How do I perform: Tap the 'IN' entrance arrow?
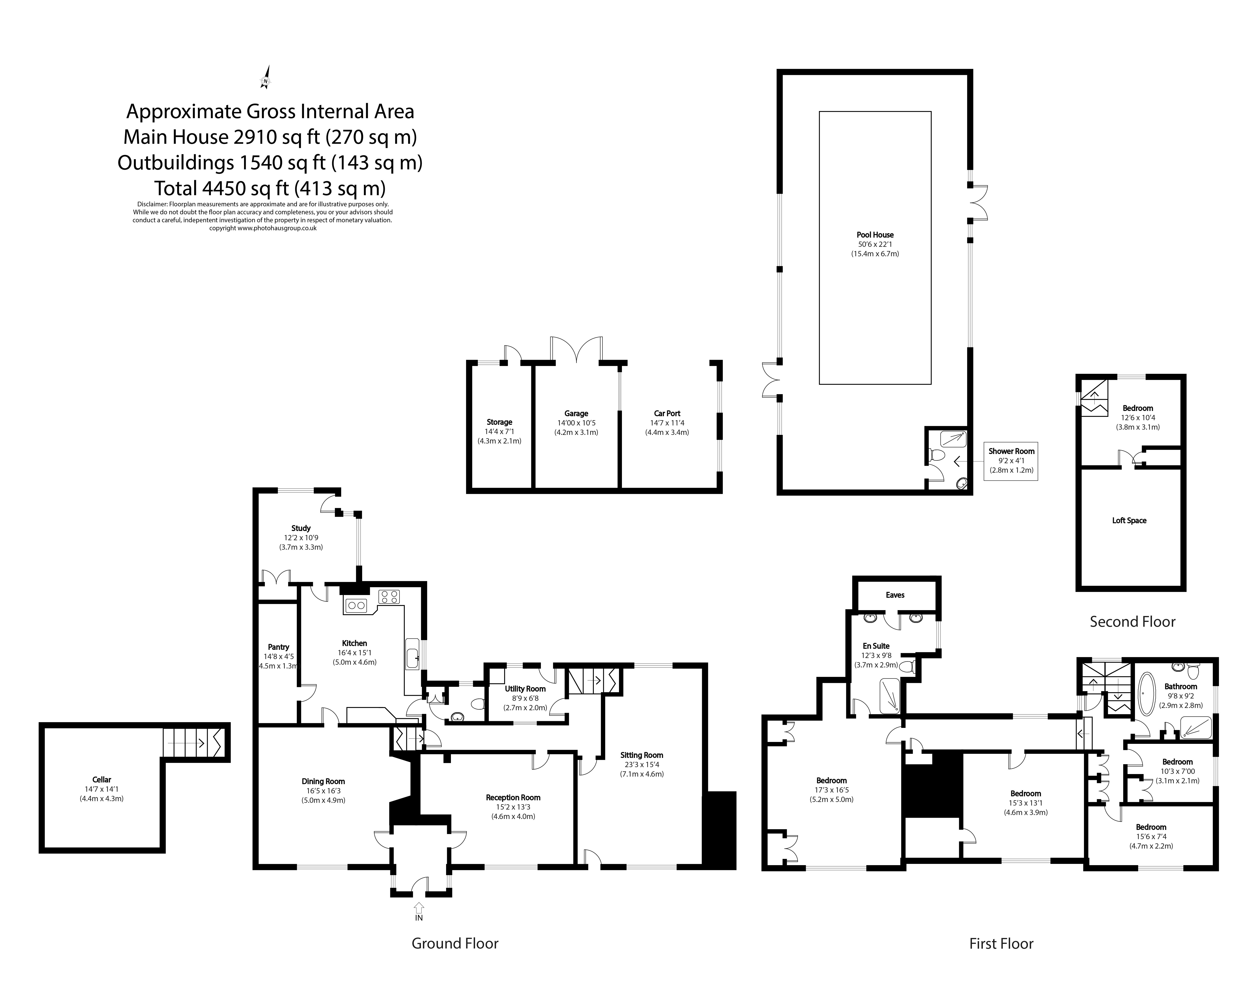click(419, 908)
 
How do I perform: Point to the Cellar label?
click(102, 779)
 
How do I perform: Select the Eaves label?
click(895, 595)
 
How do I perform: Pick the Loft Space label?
click(1129, 520)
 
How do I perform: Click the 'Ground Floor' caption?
click(455, 944)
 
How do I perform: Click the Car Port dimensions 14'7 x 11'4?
click(667, 423)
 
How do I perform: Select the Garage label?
click(576, 413)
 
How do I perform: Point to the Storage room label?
click(499, 422)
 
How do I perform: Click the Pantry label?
click(278, 647)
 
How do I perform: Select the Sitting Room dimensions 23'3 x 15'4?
click(641, 764)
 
